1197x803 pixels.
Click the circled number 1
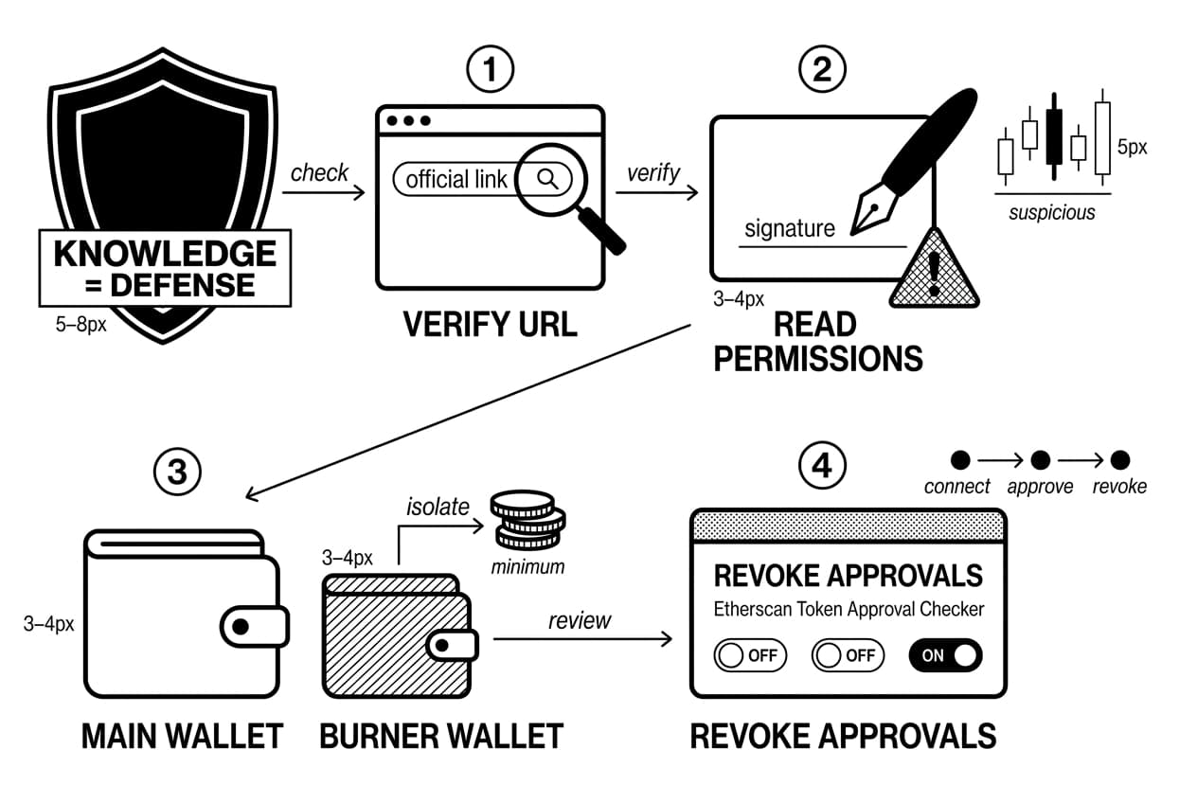(490, 70)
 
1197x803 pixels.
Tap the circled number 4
(821, 467)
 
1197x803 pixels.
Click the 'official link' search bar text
(456, 179)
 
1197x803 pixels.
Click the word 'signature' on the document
(790, 228)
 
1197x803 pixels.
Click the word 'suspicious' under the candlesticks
(1051, 212)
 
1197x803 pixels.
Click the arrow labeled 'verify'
(656, 193)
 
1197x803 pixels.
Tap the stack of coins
(527, 520)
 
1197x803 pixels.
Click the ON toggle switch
(945, 655)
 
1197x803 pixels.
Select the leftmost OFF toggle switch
(750, 655)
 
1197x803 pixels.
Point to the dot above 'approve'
(1040, 460)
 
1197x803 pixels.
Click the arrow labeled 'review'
(581, 639)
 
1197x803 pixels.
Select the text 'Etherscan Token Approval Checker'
(849, 609)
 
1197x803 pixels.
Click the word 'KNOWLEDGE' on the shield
(166, 255)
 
